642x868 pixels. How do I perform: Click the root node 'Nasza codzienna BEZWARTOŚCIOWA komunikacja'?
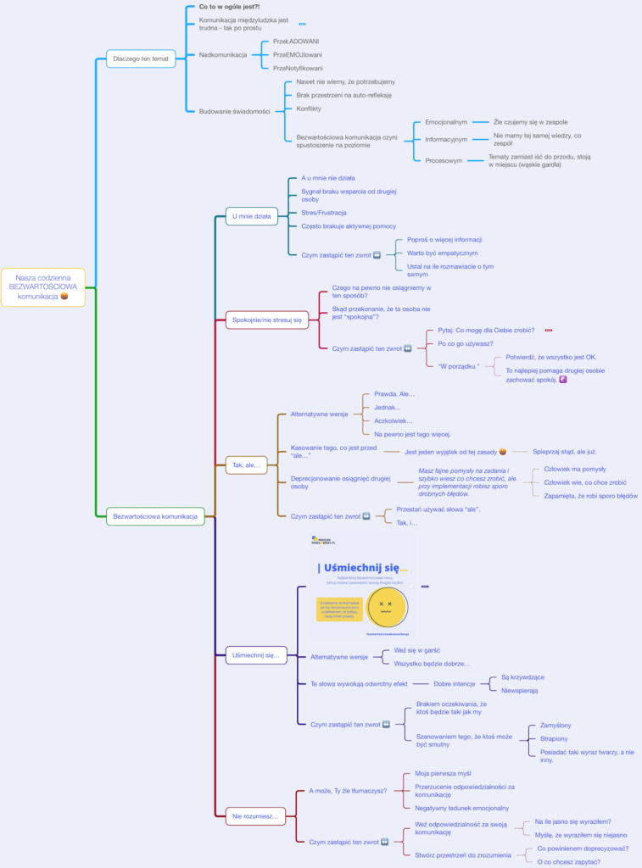click(43, 287)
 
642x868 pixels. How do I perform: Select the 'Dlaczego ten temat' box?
click(141, 58)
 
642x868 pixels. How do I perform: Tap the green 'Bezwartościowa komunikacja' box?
click(155, 515)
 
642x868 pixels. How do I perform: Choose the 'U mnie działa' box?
click(252, 216)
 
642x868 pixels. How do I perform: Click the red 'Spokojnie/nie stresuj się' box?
click(267, 320)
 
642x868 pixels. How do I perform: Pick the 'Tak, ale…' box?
click(246, 465)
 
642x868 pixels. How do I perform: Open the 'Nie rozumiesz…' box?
click(255, 816)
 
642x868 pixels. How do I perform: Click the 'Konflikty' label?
click(309, 108)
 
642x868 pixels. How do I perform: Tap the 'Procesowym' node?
click(444, 159)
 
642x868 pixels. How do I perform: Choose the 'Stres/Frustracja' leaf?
click(324, 212)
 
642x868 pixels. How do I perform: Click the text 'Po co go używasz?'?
click(466, 343)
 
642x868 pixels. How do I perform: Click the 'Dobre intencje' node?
click(455, 683)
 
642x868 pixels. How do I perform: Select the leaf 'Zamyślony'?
click(556, 725)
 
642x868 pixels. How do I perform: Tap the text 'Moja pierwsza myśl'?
click(444, 773)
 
